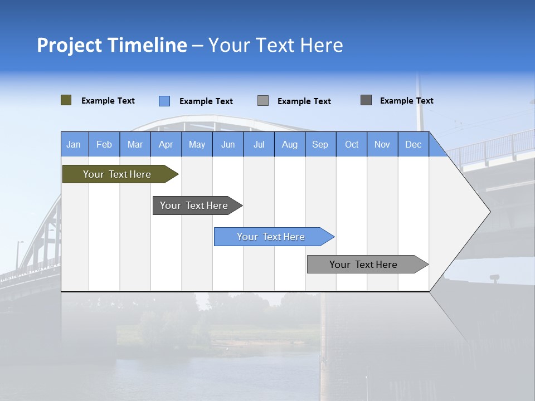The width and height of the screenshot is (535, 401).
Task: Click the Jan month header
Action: pos(74,144)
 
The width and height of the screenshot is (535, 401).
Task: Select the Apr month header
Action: pos(166,144)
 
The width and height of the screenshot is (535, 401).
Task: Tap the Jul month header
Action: pos(259,144)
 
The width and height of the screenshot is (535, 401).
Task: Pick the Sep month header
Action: pos(320,144)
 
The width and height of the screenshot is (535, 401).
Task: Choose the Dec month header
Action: pos(413,144)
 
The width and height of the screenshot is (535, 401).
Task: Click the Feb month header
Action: pos(104,144)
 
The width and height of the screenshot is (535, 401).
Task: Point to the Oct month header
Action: pos(352,144)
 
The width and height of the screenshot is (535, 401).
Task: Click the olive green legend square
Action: pos(66,100)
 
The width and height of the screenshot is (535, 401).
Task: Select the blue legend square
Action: pos(164,101)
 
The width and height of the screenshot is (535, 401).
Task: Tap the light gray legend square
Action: pos(263,101)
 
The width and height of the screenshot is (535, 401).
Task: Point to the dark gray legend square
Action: pos(366,100)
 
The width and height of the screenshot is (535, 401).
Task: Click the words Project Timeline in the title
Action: pos(112,45)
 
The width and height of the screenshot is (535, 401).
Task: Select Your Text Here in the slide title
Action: pos(275,45)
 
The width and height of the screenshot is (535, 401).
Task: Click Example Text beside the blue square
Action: pos(206,101)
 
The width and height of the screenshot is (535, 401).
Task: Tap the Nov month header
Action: pos(382,144)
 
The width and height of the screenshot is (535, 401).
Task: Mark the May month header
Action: pos(197,144)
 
